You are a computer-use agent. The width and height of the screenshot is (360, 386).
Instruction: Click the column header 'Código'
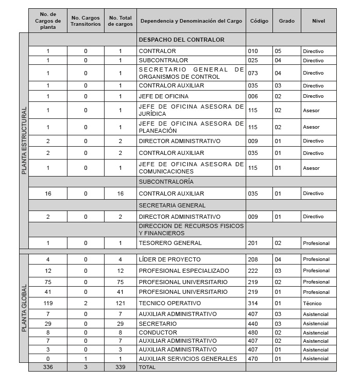pos(259,21)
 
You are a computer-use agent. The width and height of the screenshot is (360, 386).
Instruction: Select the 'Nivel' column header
pos(318,21)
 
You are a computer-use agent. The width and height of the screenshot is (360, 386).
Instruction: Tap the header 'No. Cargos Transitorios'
pos(85,21)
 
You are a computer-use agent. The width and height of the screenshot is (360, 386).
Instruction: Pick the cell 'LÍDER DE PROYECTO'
pos(169,259)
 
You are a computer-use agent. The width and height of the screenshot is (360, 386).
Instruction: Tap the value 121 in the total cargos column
pos(120,303)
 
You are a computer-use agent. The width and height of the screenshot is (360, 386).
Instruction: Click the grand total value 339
pos(120,367)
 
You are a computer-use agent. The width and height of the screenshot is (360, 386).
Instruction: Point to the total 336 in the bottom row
pos(48,367)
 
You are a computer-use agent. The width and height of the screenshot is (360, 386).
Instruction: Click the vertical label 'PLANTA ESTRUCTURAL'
pos(24,141)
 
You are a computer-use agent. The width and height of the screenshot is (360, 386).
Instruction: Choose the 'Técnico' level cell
pos(312,304)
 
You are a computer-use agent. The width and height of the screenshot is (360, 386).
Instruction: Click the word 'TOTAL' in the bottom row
pos(147,367)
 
